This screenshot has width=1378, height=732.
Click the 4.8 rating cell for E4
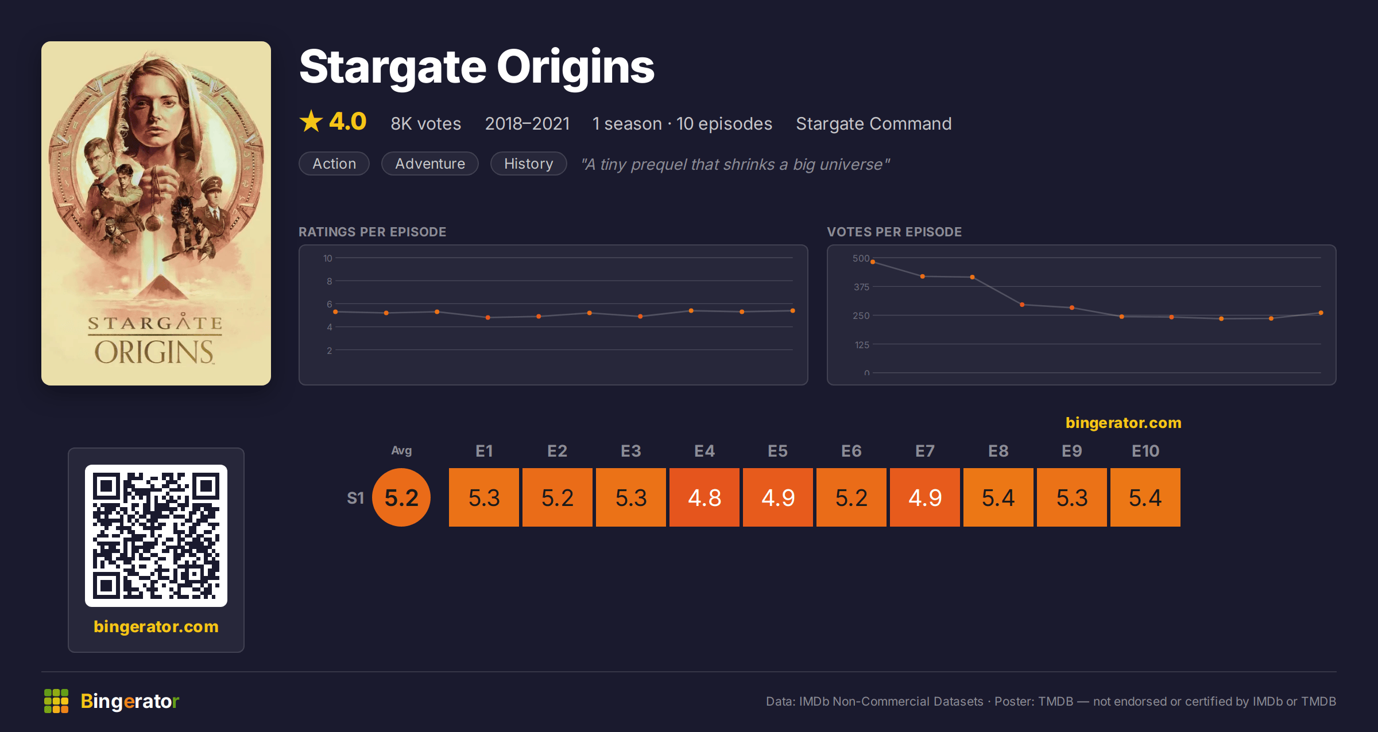point(705,497)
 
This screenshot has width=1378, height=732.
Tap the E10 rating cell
point(1145,497)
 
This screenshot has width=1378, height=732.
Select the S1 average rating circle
point(401,497)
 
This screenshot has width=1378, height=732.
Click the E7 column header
point(925,451)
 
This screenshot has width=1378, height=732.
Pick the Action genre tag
point(334,163)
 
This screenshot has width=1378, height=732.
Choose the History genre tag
point(529,163)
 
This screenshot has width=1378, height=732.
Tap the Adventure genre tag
point(430,163)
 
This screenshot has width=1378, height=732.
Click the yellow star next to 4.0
point(311,121)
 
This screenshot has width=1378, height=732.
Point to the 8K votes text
point(426,123)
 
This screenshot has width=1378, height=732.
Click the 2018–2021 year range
point(527,123)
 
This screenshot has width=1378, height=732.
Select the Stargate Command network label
point(874,123)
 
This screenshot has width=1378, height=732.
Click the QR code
point(156,536)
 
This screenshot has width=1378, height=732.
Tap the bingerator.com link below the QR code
point(156,626)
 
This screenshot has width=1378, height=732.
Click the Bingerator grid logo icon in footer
point(56,701)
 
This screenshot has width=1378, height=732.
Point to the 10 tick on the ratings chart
point(328,258)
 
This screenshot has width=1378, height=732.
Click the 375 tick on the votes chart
point(861,287)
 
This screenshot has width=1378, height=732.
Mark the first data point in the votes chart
point(873,262)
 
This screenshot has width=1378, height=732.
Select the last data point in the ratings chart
point(793,311)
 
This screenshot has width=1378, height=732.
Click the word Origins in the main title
point(575,67)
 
